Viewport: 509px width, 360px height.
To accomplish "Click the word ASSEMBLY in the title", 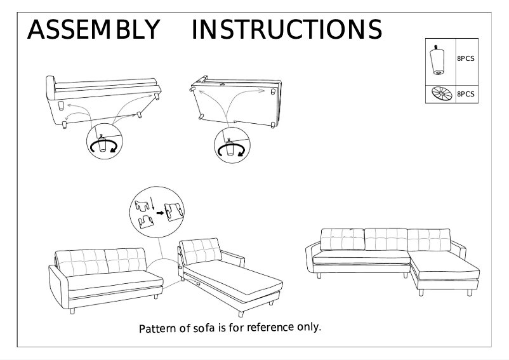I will (x=94, y=29).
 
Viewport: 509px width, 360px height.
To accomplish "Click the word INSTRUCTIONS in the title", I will (x=286, y=29).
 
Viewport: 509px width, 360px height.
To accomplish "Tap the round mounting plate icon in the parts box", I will (x=439, y=94).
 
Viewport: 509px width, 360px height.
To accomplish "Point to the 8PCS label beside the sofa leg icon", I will (x=466, y=58).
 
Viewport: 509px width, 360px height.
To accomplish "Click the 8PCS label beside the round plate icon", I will (x=466, y=94).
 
